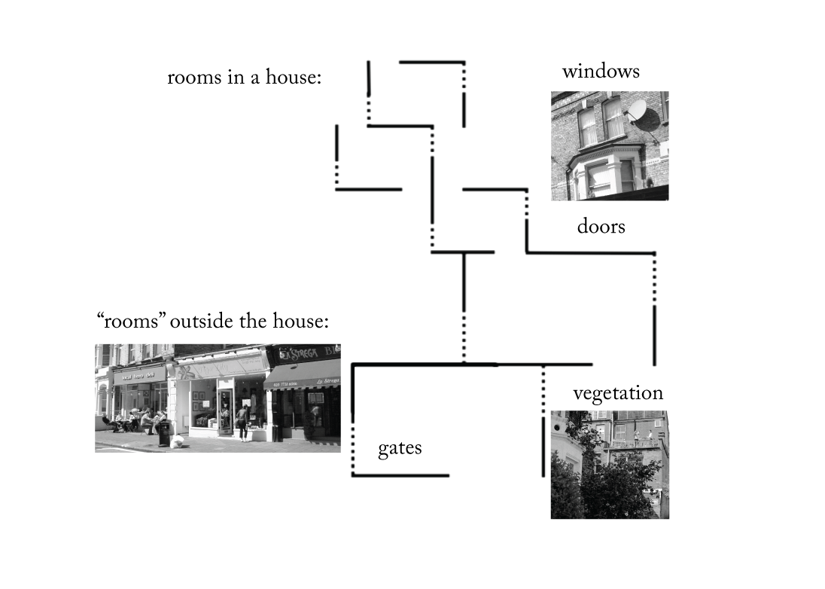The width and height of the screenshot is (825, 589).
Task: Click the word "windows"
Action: [x=600, y=72]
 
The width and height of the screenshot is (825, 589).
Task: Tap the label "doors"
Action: [x=601, y=226]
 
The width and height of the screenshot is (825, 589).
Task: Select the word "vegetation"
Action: [x=617, y=393]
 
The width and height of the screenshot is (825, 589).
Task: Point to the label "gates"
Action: [x=400, y=448]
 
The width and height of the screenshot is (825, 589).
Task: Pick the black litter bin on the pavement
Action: [x=163, y=433]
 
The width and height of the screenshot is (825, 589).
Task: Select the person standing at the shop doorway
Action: [x=242, y=422]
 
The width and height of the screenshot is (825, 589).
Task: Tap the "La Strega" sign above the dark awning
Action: [x=297, y=352]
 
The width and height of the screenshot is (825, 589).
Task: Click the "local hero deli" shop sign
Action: [x=139, y=374]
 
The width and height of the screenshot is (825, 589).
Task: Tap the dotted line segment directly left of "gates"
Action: [x=352, y=450]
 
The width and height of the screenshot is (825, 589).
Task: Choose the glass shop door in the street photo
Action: [x=225, y=410]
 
